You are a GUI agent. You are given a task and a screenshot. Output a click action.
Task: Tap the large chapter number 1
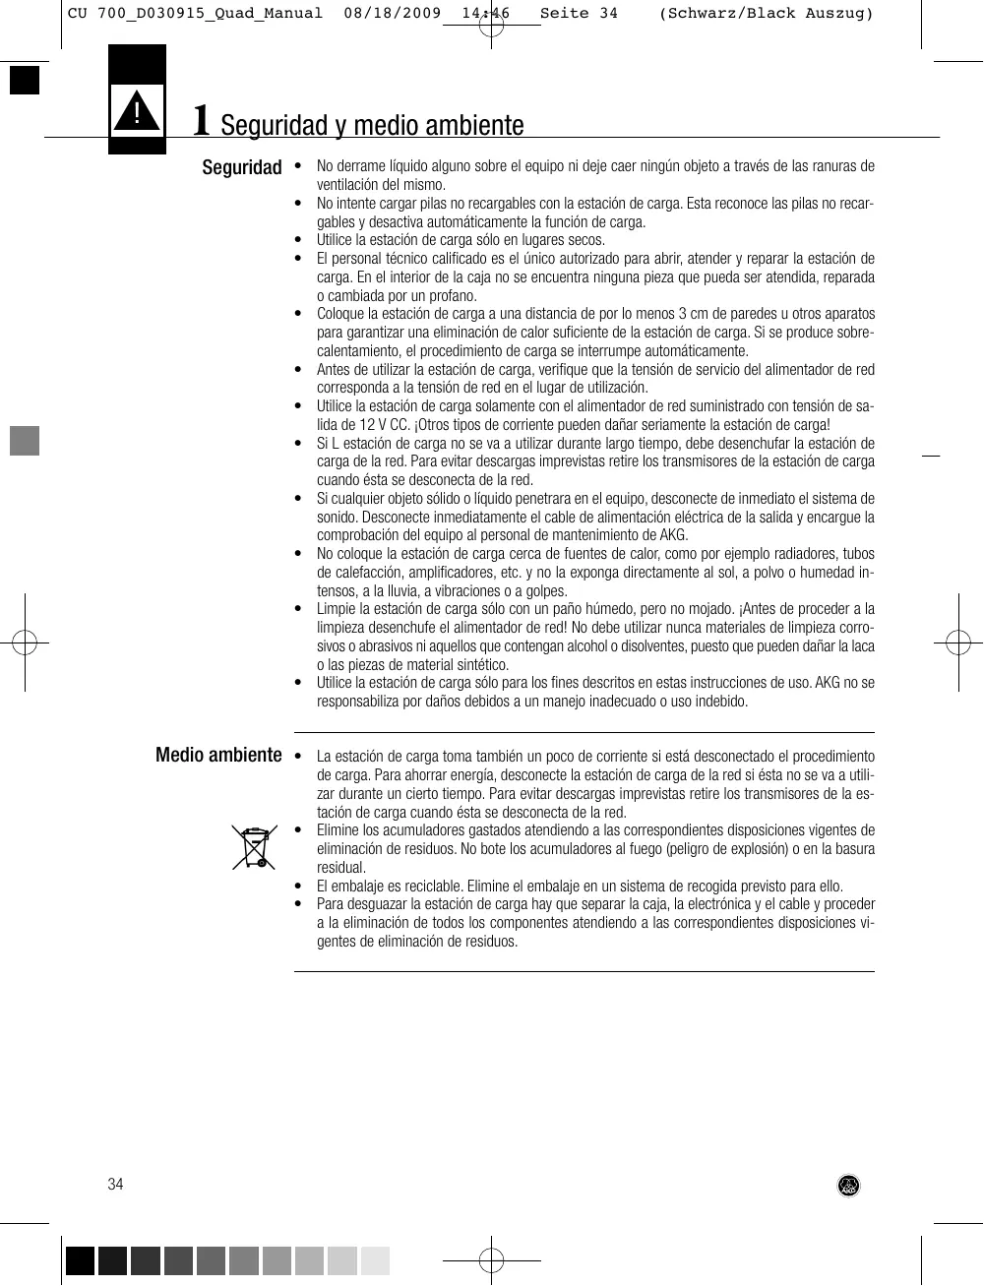point(201,120)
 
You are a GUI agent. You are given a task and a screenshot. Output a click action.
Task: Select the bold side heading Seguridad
point(242,167)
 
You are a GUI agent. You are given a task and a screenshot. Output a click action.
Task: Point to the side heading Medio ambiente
point(218,755)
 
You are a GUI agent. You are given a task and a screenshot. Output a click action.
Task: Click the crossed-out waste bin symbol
point(254,848)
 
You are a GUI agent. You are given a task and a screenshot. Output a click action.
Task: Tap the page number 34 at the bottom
point(116,1184)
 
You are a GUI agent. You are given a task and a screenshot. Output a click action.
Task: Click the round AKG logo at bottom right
point(848,1186)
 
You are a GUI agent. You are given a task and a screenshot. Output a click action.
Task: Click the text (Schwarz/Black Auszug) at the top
point(766,14)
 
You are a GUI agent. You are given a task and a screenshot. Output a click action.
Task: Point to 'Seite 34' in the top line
point(579,14)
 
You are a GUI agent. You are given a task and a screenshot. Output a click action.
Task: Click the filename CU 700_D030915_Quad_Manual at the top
point(195,14)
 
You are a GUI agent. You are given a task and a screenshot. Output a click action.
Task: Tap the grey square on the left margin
point(25,441)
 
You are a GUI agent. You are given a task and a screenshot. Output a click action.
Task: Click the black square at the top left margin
point(25,80)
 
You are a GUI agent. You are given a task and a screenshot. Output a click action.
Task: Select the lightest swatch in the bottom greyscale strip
point(375,1260)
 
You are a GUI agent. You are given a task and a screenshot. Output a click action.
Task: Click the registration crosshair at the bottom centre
point(491,1260)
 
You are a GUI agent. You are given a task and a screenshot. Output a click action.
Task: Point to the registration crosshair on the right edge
point(958,643)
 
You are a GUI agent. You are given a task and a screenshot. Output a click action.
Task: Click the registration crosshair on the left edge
point(25,643)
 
